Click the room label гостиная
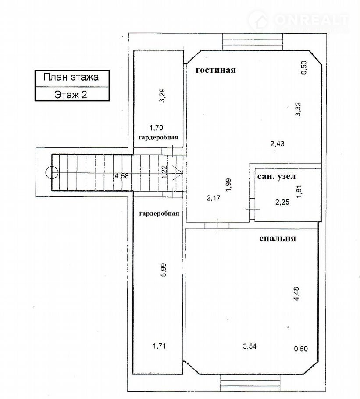(x=215, y=70)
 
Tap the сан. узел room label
(x=276, y=176)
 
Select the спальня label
(x=277, y=239)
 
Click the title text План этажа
(x=71, y=77)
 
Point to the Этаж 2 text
(x=71, y=95)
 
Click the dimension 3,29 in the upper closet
(x=162, y=95)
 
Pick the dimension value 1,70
(x=156, y=128)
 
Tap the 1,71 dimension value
(x=159, y=346)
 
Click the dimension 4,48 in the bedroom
(x=296, y=294)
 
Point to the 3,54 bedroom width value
(x=250, y=346)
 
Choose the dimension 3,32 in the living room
(x=298, y=109)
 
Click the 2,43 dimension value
(x=277, y=144)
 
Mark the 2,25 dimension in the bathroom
(x=282, y=202)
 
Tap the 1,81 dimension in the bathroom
(x=299, y=192)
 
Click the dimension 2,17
(x=214, y=198)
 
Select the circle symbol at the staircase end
(x=52, y=172)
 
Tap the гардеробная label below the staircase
(x=159, y=214)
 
